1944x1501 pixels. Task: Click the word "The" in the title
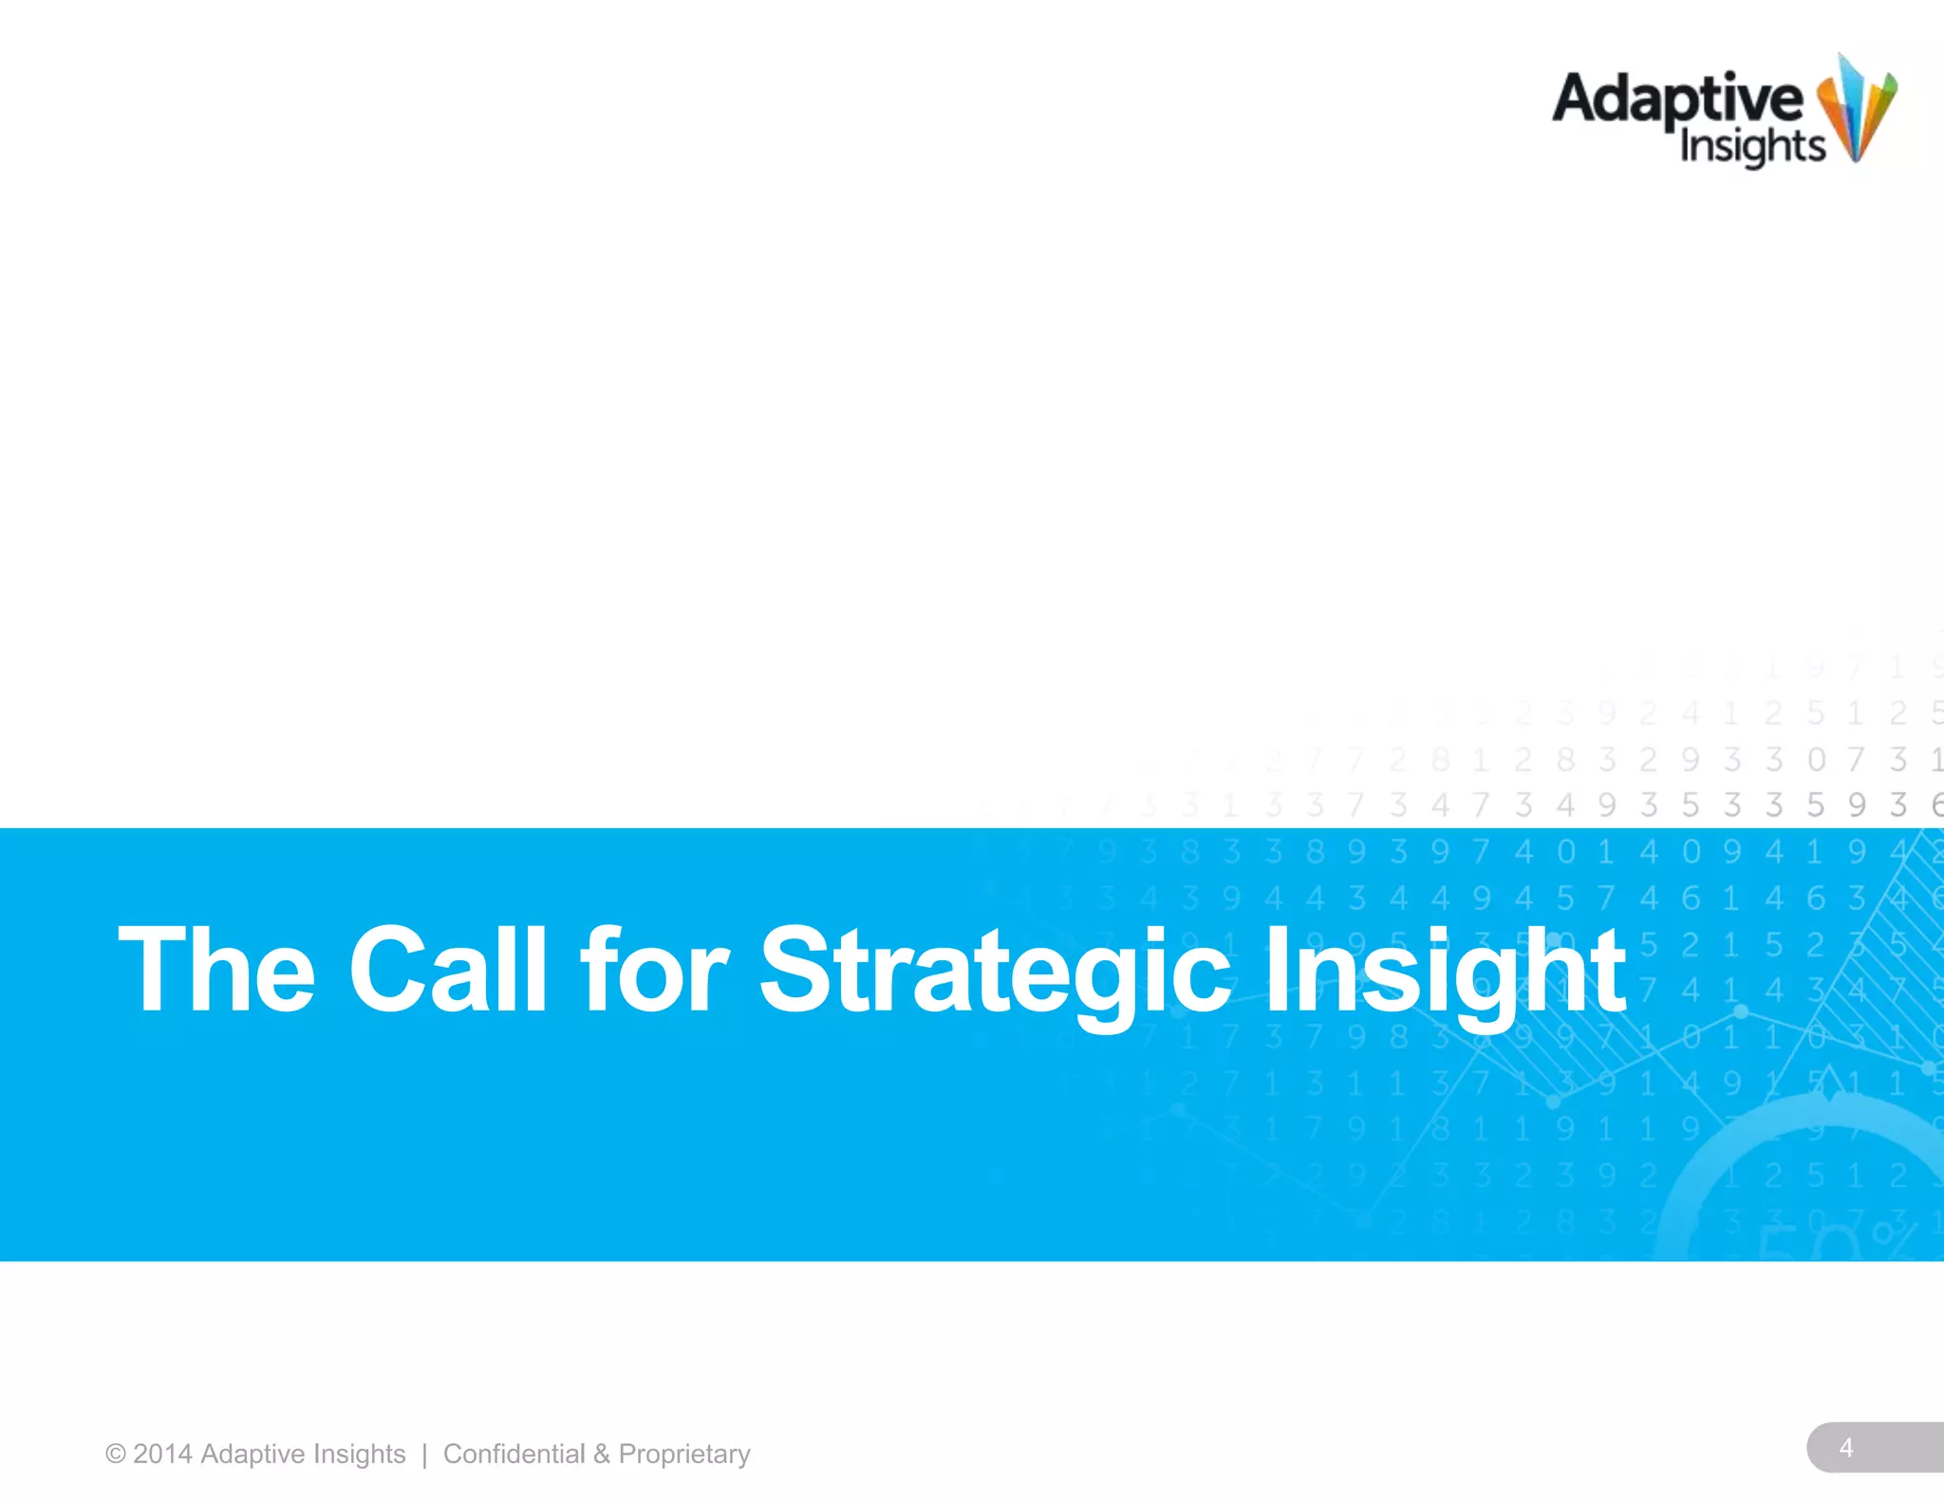[216, 970]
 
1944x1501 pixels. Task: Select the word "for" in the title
[655, 970]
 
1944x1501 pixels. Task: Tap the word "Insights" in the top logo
[1752, 147]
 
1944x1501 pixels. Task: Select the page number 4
[1845, 1448]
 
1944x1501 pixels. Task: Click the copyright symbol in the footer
[116, 1455]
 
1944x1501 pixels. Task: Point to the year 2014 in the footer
[162, 1455]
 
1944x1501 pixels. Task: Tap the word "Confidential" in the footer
[514, 1455]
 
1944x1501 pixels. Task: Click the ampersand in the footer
[602, 1455]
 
